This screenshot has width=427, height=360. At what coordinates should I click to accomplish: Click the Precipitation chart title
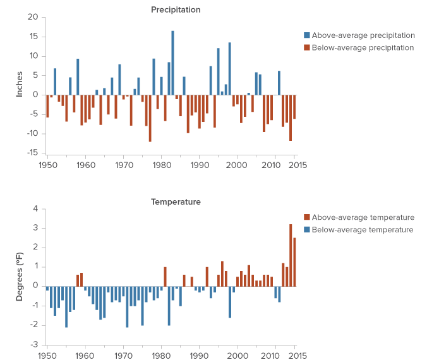[176, 9]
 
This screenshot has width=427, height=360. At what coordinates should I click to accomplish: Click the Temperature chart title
[176, 202]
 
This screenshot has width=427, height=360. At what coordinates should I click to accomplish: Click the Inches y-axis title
[20, 85]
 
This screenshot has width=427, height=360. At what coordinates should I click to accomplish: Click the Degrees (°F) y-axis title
[20, 277]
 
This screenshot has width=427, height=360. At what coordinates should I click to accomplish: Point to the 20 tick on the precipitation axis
[33, 17]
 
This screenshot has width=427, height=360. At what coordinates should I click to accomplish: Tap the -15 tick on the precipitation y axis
[32, 153]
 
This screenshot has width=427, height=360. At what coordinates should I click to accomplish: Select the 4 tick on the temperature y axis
[35, 209]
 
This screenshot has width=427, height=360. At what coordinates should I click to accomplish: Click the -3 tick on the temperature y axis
[34, 345]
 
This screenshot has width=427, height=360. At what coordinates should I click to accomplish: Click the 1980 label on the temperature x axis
[161, 357]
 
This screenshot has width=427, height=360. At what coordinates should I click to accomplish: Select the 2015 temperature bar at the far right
[294, 262]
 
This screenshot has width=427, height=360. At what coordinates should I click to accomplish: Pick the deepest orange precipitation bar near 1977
[150, 118]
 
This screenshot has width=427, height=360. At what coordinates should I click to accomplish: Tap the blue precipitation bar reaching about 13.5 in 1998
[229, 69]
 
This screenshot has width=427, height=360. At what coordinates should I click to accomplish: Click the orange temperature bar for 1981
[165, 277]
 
